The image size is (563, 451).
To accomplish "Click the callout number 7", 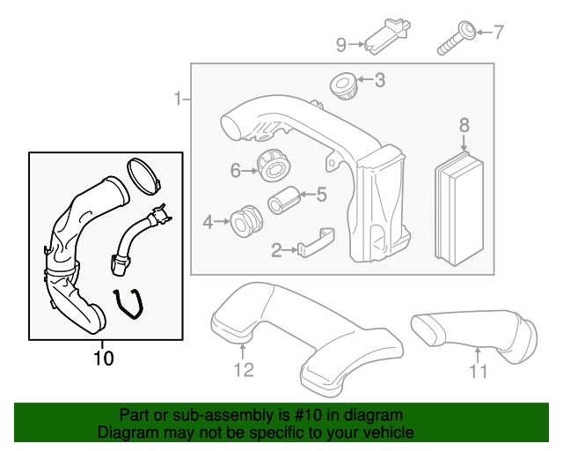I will pos(498,33).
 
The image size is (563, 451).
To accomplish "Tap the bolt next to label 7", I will pos(455,36).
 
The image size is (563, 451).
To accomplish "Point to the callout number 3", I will pos(379,81).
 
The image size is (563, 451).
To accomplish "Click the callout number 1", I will pos(178,99).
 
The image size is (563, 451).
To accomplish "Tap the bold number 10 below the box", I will pos(103,359).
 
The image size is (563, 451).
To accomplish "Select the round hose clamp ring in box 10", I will pos(143,174).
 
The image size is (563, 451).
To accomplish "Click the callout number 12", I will pos(244,370).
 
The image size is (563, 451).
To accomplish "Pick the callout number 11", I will pos(477,371).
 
